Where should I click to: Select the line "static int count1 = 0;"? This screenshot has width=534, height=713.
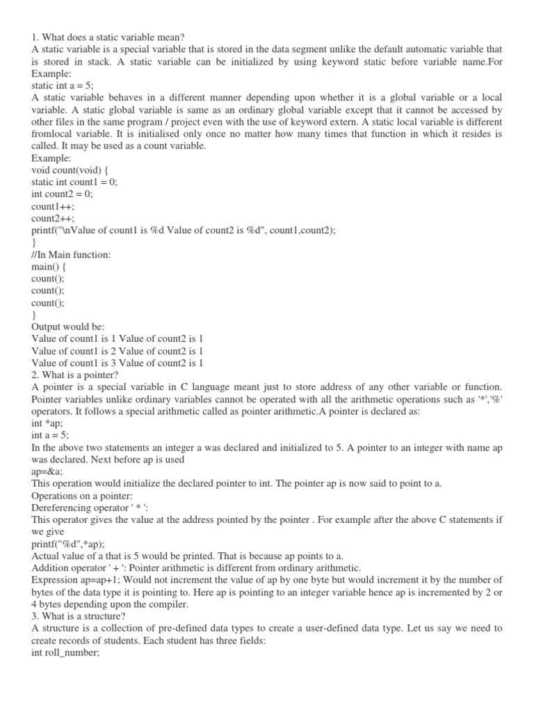click(x=74, y=182)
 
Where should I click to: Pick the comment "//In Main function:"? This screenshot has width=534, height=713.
click(x=71, y=255)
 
